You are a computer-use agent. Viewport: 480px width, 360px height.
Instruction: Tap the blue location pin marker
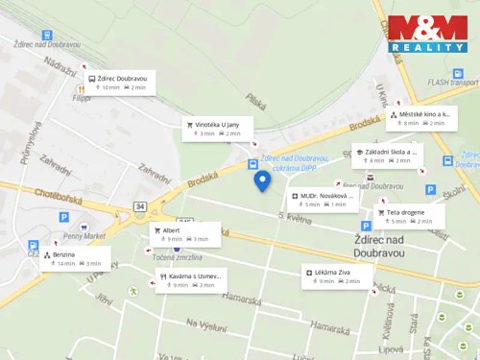[262, 180]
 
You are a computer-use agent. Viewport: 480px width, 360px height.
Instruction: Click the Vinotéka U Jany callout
[218, 129]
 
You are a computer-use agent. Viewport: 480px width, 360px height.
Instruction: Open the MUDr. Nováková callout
[324, 200]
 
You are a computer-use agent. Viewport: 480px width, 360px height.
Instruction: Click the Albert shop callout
[185, 234]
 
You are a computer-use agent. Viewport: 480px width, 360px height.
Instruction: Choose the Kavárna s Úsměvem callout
[192, 280]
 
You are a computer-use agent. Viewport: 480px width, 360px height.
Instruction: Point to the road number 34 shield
[140, 206]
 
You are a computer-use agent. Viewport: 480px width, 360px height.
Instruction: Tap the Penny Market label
[83, 235]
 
